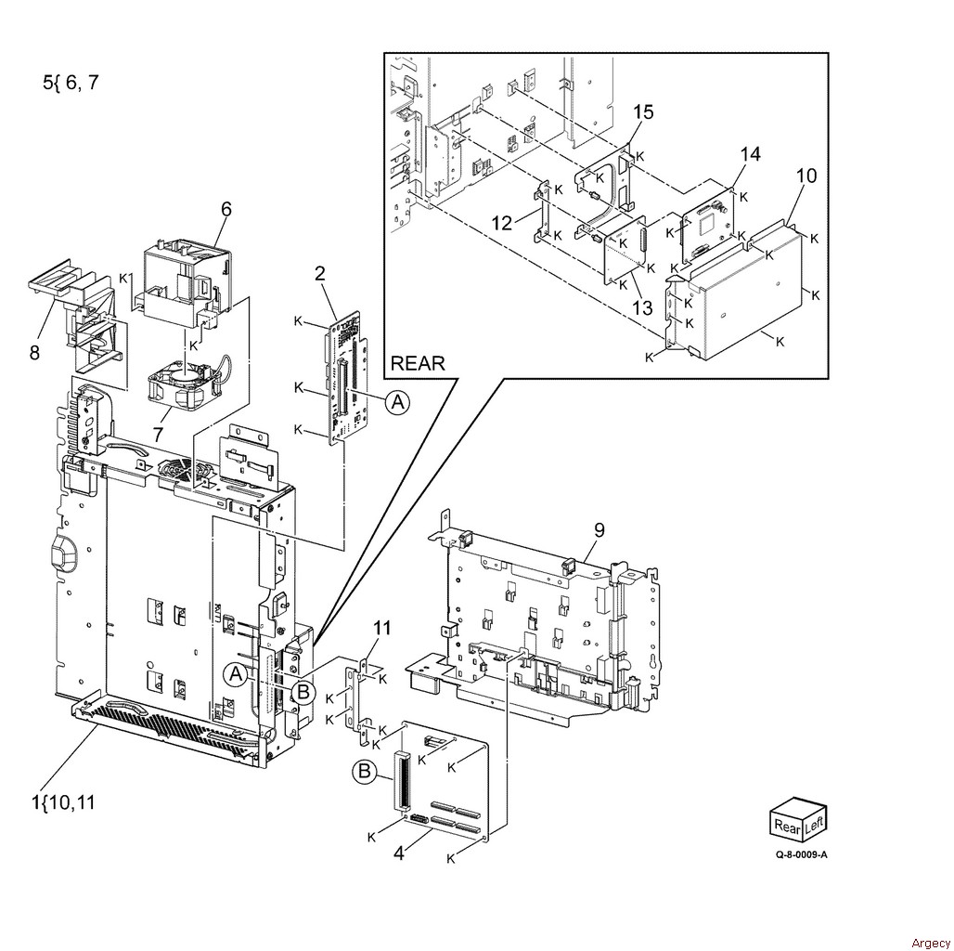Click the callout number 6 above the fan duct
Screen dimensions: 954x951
tap(226, 209)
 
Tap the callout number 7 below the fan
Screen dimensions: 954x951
tap(158, 435)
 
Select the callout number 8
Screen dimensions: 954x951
tap(34, 352)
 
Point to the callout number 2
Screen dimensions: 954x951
tap(320, 273)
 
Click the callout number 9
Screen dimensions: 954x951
tap(599, 529)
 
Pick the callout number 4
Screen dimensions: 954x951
tap(398, 853)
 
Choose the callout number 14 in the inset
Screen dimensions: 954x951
tap(751, 154)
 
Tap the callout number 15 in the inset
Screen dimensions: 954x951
tap(643, 112)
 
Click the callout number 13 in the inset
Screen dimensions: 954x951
tap(642, 307)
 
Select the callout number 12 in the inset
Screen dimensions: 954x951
tap(502, 223)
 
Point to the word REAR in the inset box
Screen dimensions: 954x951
tap(418, 363)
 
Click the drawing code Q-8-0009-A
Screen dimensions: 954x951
tap(801, 854)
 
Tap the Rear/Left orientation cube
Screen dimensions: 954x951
tap(798, 820)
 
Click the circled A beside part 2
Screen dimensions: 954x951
tap(398, 402)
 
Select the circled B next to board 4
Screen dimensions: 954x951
tap(364, 772)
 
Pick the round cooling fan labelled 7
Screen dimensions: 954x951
tap(183, 384)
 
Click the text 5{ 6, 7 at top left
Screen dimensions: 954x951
tap(71, 83)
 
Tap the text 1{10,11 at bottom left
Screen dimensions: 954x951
tap(63, 802)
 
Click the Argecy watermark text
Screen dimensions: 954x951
tap(930, 943)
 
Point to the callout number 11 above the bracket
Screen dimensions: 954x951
tap(382, 628)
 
